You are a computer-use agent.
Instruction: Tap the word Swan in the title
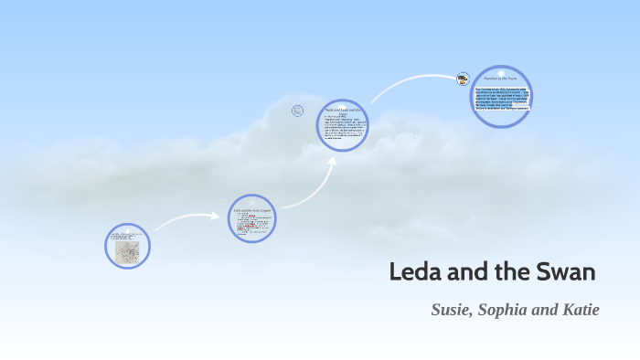569,272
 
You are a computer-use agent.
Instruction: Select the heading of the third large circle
343,112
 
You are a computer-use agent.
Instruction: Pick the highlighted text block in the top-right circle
502,101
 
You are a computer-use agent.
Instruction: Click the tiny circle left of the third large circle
297,111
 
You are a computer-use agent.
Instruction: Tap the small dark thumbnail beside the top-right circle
464,79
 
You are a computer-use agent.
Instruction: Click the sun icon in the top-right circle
502,71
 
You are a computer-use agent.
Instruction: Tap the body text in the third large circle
343,129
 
